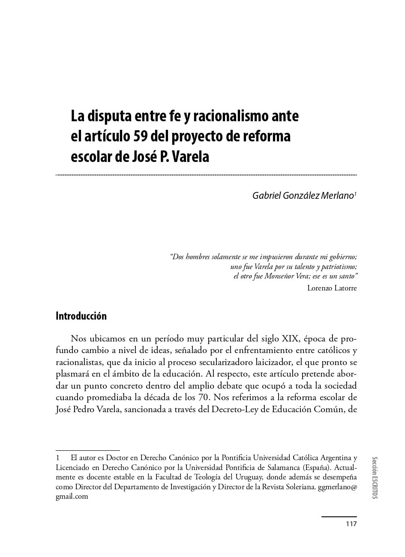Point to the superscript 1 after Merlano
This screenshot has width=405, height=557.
[355, 194]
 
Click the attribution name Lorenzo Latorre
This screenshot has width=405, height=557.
[332, 288]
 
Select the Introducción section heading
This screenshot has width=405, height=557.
[81, 316]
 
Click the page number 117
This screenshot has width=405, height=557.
[351, 524]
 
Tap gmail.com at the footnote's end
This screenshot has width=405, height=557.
[72, 497]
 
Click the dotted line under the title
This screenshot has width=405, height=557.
[206, 175]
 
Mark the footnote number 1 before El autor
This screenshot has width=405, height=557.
[58, 457]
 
